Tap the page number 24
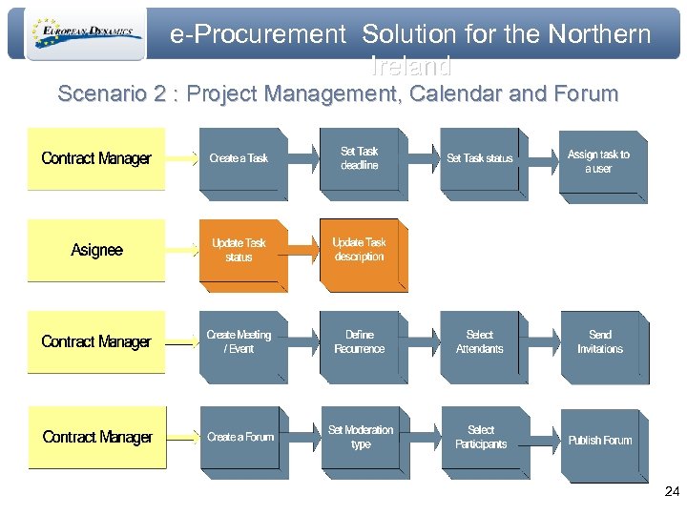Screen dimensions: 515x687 click(x=672, y=492)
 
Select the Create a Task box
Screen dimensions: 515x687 click(x=240, y=160)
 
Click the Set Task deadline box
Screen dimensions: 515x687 click(x=360, y=159)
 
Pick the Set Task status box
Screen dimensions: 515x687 click(x=481, y=160)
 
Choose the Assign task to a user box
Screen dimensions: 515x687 click(x=600, y=162)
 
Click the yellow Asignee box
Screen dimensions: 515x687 click(x=96, y=250)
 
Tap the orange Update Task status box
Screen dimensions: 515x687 click(x=240, y=251)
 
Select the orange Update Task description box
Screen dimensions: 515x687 click(x=360, y=251)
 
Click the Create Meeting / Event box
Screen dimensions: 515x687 click(x=240, y=342)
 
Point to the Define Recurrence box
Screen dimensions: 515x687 click(x=360, y=342)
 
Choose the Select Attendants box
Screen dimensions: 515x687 click(x=481, y=342)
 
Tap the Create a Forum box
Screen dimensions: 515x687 click(x=240, y=438)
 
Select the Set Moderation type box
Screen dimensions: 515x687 click(x=360, y=438)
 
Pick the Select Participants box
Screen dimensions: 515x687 click(x=481, y=438)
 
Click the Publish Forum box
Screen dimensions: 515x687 click(x=600, y=441)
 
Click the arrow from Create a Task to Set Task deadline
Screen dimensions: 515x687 click(x=302, y=158)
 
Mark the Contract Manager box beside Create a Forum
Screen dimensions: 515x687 click(x=96, y=437)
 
